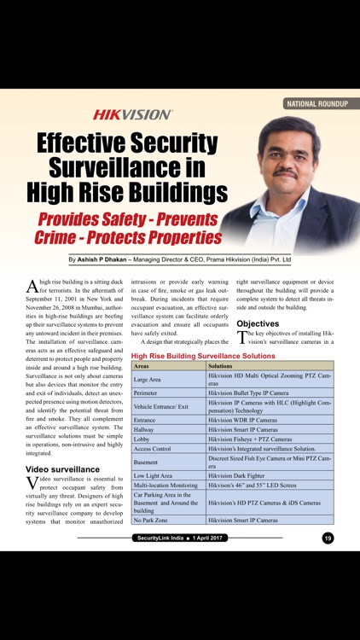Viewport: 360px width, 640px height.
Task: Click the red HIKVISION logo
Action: pos(132,113)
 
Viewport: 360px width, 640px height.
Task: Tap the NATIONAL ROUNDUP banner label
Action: pos(317,103)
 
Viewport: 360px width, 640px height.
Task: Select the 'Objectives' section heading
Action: pos(258,324)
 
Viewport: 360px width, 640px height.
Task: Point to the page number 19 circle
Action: pos(328,538)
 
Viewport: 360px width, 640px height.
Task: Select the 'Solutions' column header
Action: pos(222,365)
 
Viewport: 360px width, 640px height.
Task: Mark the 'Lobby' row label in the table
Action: pos(142,439)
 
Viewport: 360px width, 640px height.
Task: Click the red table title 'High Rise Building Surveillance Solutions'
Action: pos(203,355)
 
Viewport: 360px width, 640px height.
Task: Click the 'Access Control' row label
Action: pos(153,448)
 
